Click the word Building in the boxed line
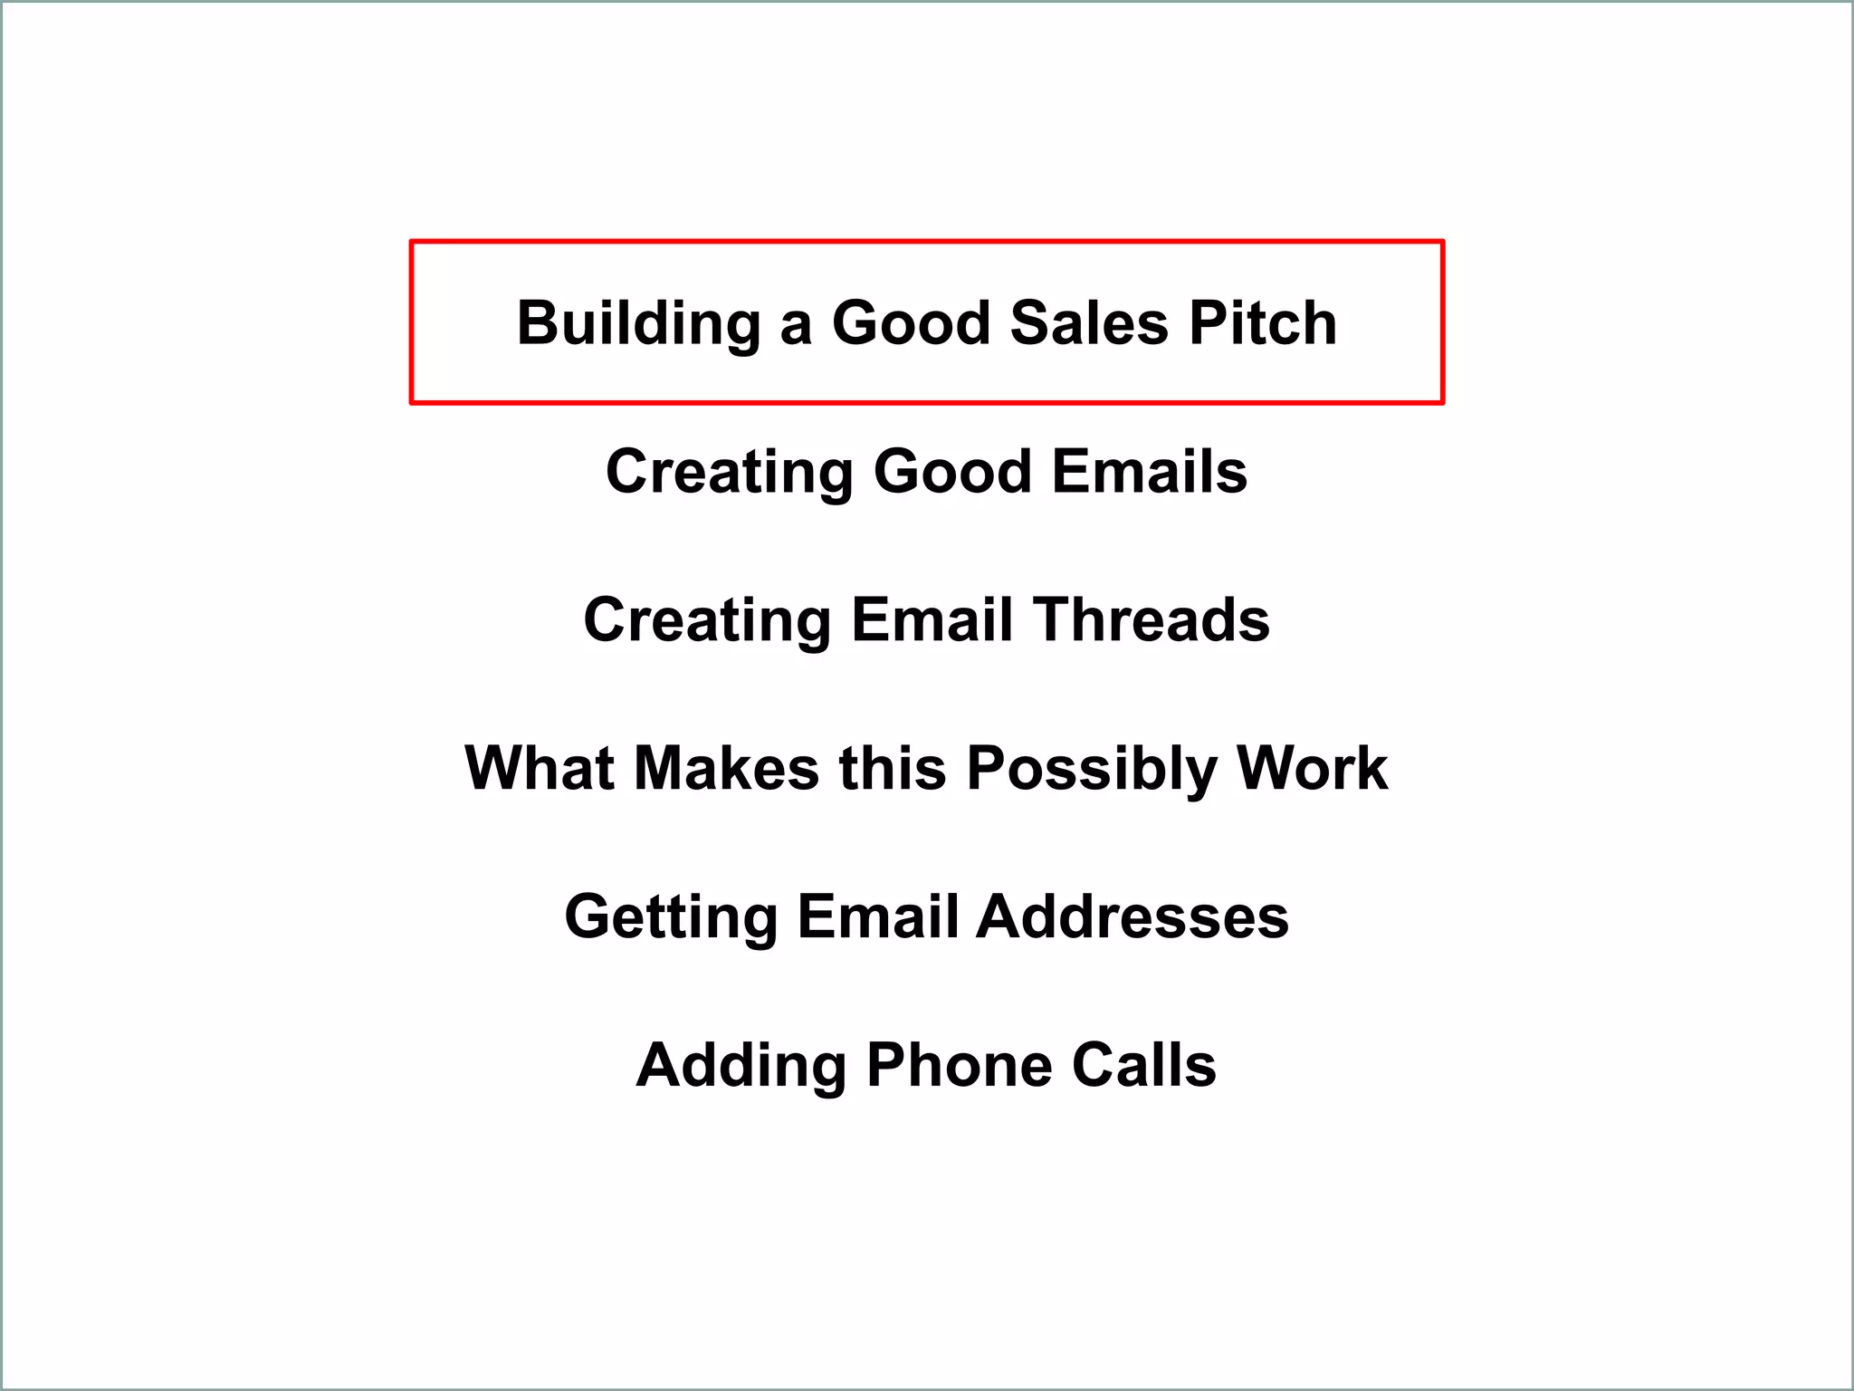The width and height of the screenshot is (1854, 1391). coord(638,323)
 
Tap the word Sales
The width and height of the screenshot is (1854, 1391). coord(1089,323)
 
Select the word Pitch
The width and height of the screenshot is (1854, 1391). coord(1263,323)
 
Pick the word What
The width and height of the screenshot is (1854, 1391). coord(540,769)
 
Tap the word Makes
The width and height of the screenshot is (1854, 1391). coord(726,769)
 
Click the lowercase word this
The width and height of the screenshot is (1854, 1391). coord(893,769)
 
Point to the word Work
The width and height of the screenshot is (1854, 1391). coord(1312,769)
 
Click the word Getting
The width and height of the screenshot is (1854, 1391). coord(671,917)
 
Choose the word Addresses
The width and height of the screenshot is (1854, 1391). coord(1132,917)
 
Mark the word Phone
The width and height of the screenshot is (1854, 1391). coord(959,1066)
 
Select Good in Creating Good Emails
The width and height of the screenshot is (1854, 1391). coord(952,472)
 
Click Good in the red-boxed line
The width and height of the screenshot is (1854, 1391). coord(911,323)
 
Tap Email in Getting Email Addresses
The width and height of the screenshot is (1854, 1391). coord(877,917)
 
